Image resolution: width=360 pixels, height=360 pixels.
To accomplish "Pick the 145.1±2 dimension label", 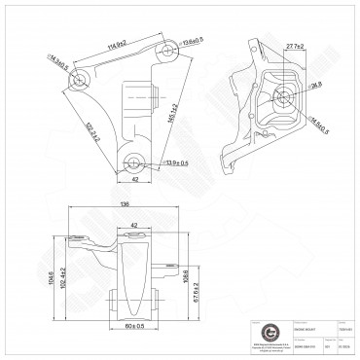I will [x=173, y=118].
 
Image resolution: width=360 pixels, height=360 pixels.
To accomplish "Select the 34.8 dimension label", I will [x=317, y=87].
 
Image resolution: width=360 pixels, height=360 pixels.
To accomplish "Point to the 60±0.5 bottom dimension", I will [x=135, y=325].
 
